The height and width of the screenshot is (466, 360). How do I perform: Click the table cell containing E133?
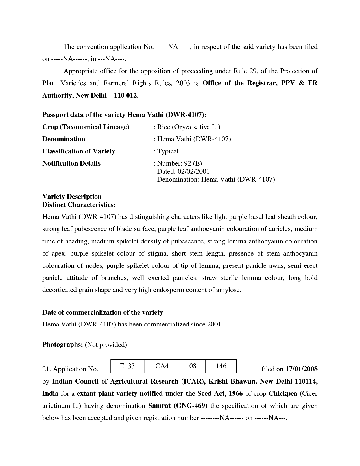[x=127, y=366]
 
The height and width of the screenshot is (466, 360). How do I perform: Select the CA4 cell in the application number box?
[x=162, y=366]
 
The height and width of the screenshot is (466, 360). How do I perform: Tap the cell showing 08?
[x=193, y=366]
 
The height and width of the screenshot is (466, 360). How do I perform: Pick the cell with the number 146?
[x=221, y=366]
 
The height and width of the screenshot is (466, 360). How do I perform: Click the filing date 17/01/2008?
[x=301, y=369]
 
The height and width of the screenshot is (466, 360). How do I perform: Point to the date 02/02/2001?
[x=193, y=171]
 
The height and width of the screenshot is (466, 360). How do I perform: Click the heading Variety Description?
[x=72, y=197]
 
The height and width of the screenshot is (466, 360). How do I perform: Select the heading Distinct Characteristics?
[x=79, y=204]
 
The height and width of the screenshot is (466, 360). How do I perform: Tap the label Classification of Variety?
[x=78, y=151]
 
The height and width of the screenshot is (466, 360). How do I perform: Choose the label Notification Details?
[x=71, y=163]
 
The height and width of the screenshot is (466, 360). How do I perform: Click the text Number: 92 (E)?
[x=179, y=163]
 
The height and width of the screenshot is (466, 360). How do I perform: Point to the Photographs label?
[x=62, y=345]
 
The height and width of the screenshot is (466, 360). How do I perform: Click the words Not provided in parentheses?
[x=106, y=345]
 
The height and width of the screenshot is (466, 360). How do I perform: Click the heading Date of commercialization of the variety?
[x=102, y=312]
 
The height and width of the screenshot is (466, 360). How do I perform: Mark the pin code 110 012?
[x=126, y=95]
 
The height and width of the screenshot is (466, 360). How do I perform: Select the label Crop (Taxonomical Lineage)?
[x=86, y=127]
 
